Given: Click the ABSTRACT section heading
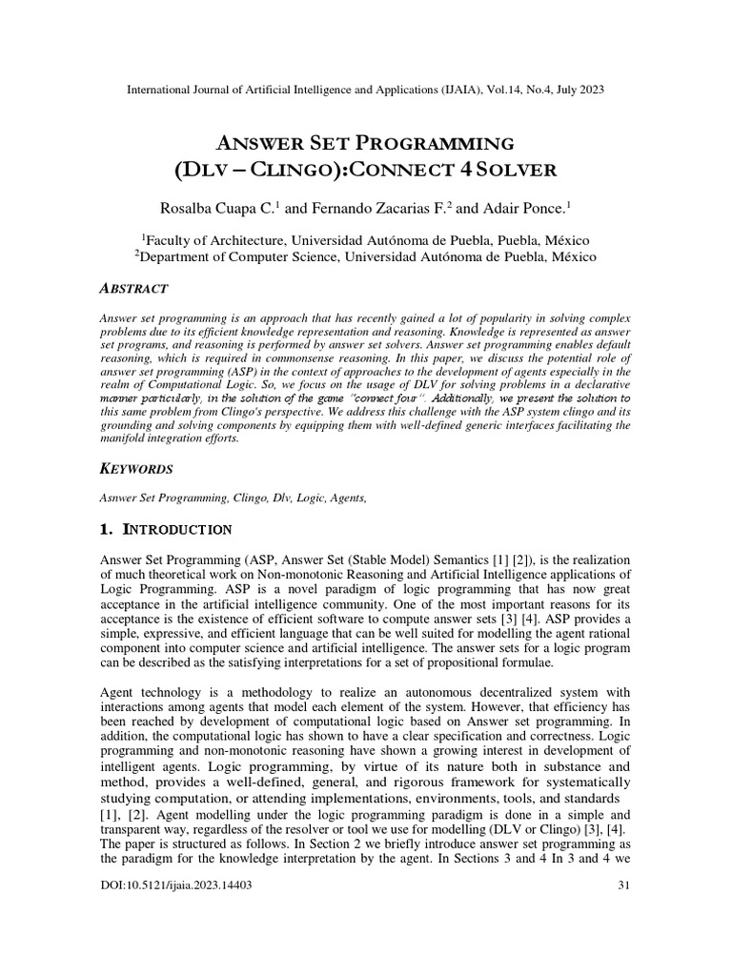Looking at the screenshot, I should (134, 288).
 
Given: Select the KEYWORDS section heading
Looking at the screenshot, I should (136, 469).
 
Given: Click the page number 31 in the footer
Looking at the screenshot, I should (625, 885).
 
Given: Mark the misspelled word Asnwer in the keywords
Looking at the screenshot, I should (120, 497).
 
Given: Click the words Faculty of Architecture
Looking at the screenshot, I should (214, 239).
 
